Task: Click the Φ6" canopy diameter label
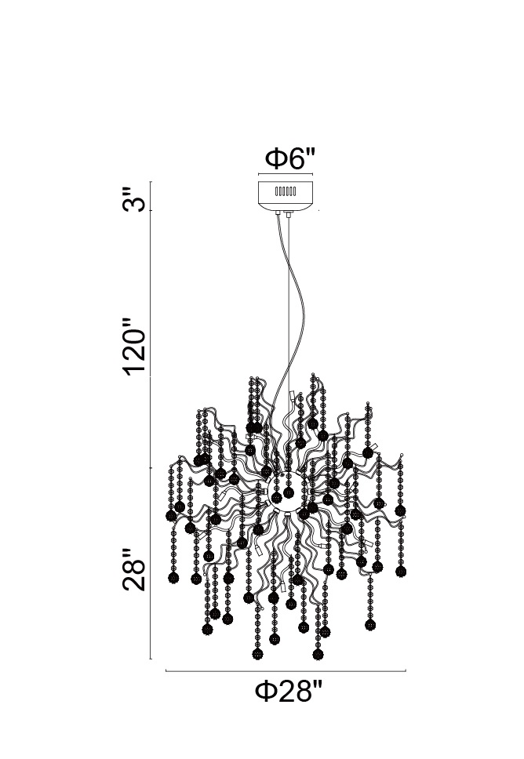(289, 158)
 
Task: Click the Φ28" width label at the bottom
(289, 693)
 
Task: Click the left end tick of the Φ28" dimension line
(166, 672)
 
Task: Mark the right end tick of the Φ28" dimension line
(406, 672)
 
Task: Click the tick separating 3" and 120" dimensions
(151, 211)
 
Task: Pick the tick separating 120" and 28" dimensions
(151, 467)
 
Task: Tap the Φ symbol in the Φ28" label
(265, 693)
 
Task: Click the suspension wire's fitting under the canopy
(289, 214)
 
